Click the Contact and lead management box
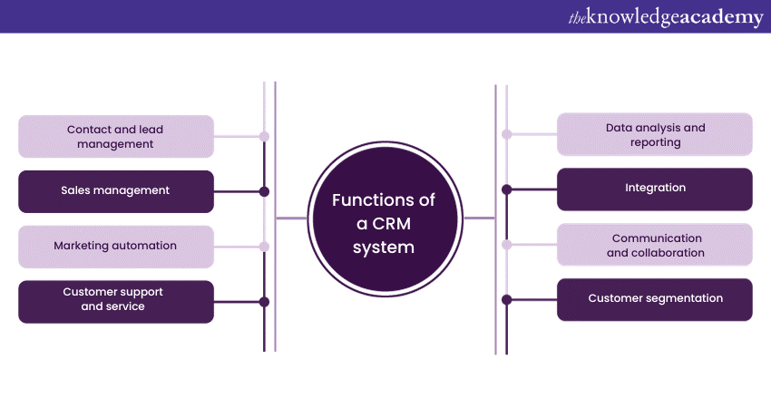(x=116, y=136)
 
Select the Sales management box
(x=116, y=191)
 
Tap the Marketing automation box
(x=116, y=246)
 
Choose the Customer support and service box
(x=116, y=301)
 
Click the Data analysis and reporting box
(x=654, y=134)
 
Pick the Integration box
(x=654, y=189)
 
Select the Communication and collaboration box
(x=654, y=245)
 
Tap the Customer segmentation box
(x=654, y=298)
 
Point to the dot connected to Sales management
(x=264, y=191)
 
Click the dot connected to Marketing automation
(x=264, y=247)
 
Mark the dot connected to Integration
(x=506, y=189)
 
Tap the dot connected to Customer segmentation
(x=506, y=299)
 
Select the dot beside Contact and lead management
(x=264, y=137)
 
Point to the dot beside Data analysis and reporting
(x=506, y=134)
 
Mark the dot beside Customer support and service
(x=264, y=302)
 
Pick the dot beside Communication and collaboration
(x=506, y=245)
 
